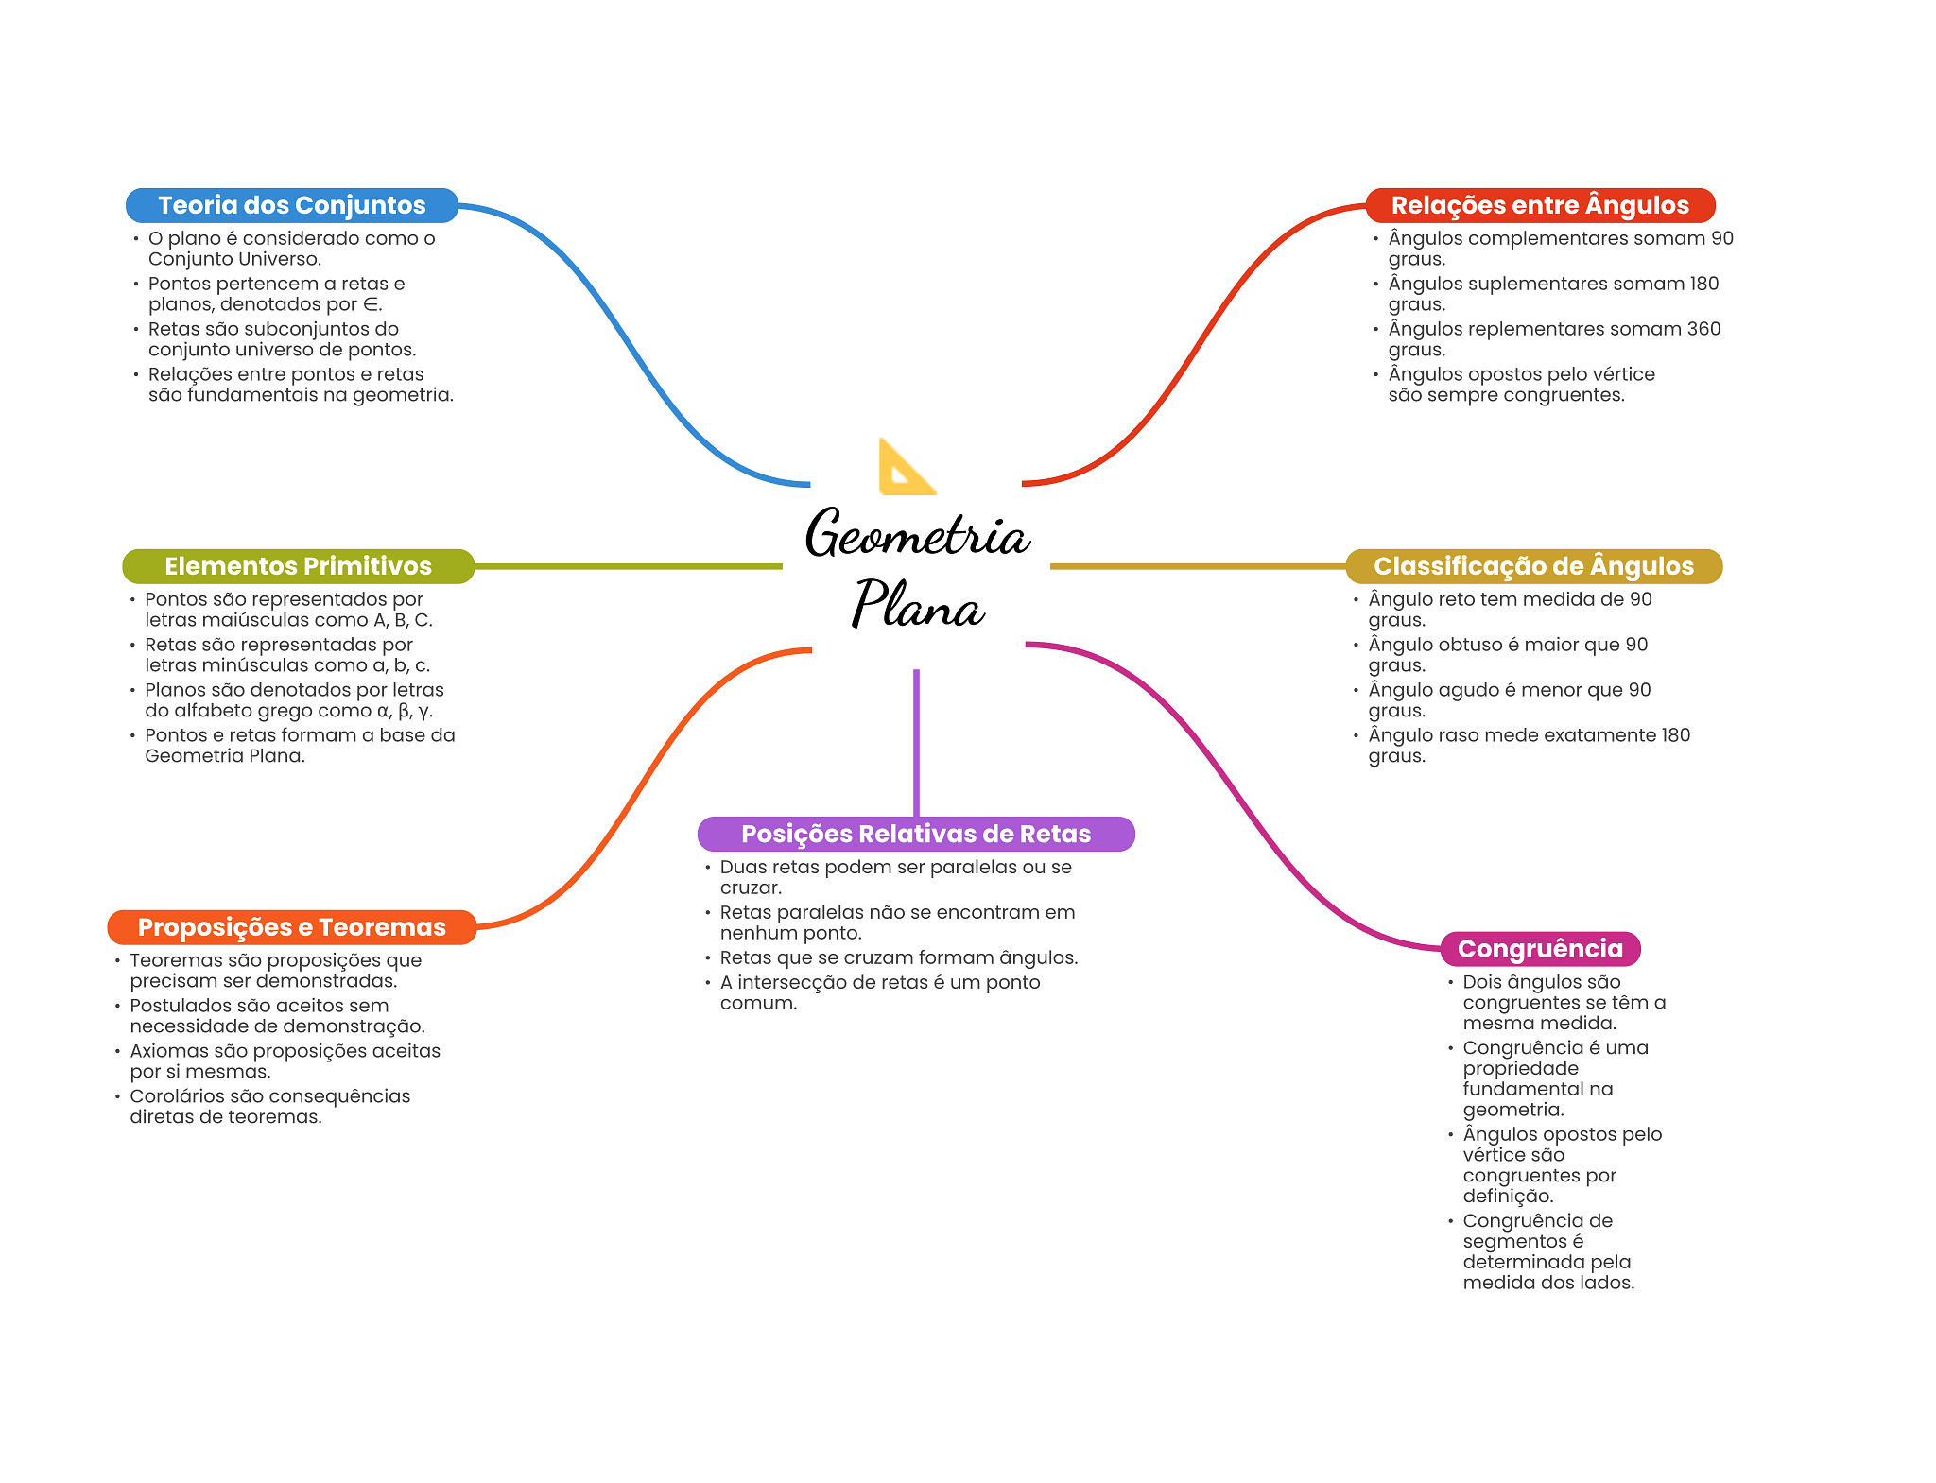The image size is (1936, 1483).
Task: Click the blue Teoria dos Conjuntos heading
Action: click(291, 205)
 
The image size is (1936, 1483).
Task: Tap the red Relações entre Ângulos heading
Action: click(1539, 205)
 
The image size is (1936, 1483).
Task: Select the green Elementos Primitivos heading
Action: click(298, 566)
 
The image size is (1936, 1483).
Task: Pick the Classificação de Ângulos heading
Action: click(1532, 566)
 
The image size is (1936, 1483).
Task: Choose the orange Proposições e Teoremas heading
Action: click(291, 927)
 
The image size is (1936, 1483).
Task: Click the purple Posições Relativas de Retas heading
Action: click(915, 834)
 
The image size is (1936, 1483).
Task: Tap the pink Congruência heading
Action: click(1539, 949)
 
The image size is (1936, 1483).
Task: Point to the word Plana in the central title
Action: click(917, 605)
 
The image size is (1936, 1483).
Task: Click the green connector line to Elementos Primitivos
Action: click(628, 566)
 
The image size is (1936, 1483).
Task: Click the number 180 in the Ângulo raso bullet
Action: click(1675, 735)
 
